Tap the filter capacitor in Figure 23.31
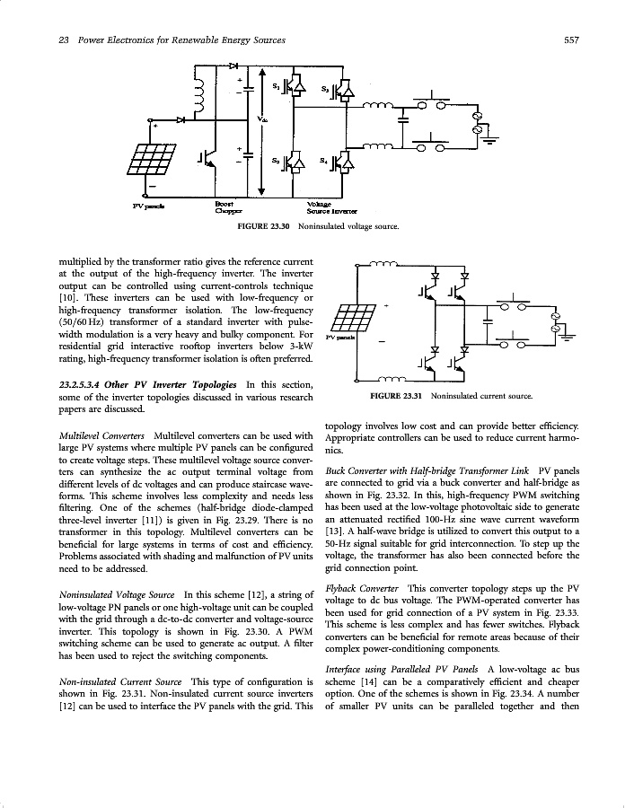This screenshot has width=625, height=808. pyautogui.click(x=489, y=318)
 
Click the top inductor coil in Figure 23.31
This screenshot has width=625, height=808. pyautogui.click(x=383, y=265)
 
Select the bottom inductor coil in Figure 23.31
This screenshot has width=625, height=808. pyautogui.click(x=383, y=379)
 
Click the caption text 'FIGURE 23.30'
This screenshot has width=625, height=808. pyautogui.click(x=264, y=226)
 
